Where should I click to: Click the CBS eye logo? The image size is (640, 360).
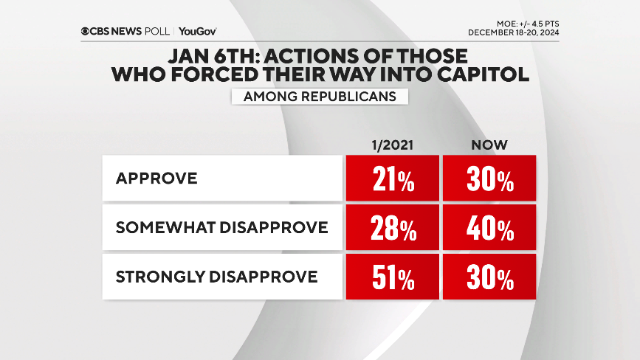(x=87, y=31)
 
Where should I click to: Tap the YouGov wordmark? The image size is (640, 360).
(x=198, y=31)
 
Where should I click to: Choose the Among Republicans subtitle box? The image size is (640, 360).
(x=320, y=96)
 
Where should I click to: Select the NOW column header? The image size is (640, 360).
(x=489, y=145)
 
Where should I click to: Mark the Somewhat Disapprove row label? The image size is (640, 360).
(x=221, y=228)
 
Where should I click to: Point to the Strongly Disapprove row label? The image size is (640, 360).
(x=216, y=277)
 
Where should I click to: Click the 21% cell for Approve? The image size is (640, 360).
(x=392, y=179)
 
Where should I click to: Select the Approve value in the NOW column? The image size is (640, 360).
(x=489, y=179)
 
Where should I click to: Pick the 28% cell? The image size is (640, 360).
(x=392, y=228)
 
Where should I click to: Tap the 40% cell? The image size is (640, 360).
(x=489, y=228)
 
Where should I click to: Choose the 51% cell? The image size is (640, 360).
(x=392, y=277)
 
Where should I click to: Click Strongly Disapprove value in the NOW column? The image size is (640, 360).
(x=489, y=277)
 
